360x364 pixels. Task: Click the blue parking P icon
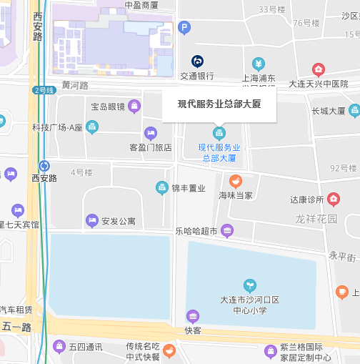(x=184, y=28)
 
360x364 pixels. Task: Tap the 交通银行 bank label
(x=197, y=76)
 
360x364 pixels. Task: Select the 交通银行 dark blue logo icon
(x=197, y=62)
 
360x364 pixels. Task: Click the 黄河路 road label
(x=75, y=85)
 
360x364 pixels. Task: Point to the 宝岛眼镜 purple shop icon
(x=134, y=107)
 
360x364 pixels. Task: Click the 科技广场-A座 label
(x=58, y=127)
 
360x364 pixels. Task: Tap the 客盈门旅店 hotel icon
(x=151, y=133)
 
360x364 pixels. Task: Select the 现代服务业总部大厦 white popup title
(x=219, y=104)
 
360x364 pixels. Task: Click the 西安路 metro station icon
(x=44, y=165)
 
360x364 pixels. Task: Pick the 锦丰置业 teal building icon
(x=162, y=187)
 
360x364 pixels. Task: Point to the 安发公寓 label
(x=118, y=221)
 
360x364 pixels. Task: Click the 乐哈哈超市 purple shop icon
(x=227, y=230)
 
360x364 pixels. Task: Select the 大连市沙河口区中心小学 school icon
(x=249, y=285)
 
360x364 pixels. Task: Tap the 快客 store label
(x=193, y=330)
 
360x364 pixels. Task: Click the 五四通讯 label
(x=86, y=348)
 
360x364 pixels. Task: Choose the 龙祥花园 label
(x=317, y=218)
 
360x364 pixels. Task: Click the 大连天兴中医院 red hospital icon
(x=318, y=70)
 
